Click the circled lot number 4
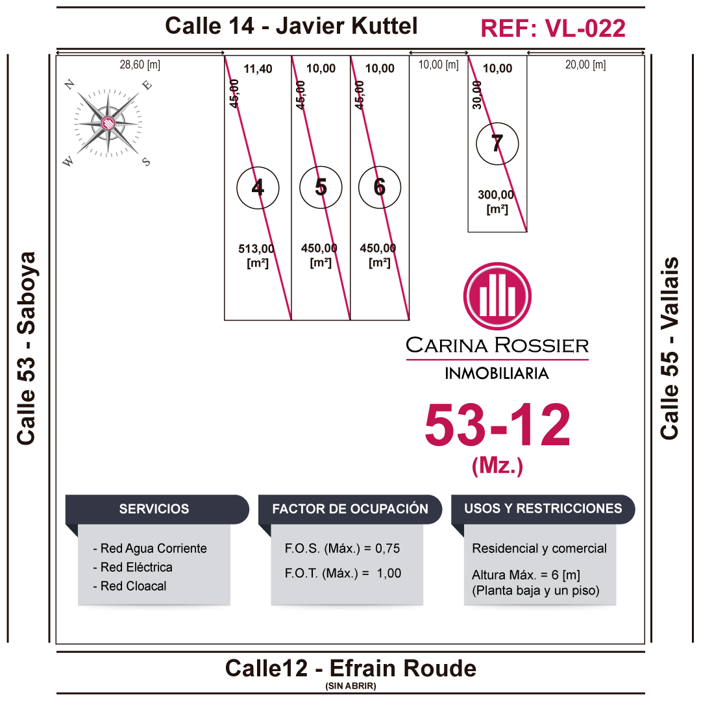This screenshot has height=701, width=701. click(258, 188)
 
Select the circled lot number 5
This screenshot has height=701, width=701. click(321, 187)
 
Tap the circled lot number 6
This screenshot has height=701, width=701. click(380, 188)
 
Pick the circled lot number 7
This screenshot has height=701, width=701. click(497, 143)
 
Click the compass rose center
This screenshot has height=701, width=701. click(108, 122)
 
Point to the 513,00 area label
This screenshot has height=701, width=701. click(256, 248)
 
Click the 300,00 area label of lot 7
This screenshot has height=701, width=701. click(496, 194)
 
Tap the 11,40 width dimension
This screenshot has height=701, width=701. click(258, 69)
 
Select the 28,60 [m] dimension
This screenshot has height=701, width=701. click(140, 64)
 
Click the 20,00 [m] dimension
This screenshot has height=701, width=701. click(585, 64)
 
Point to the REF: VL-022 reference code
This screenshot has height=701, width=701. click(553, 28)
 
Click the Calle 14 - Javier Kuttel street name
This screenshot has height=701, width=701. click(291, 26)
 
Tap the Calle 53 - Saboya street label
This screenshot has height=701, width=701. click(27, 348)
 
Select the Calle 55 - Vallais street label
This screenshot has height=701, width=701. click(670, 348)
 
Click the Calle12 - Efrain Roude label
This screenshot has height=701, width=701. click(350, 668)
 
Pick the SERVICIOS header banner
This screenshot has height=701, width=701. click(154, 509)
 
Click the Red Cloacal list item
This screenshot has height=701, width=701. click(133, 586)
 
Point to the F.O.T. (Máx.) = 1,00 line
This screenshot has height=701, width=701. click(343, 573)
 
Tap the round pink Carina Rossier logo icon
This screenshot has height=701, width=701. click(497, 296)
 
